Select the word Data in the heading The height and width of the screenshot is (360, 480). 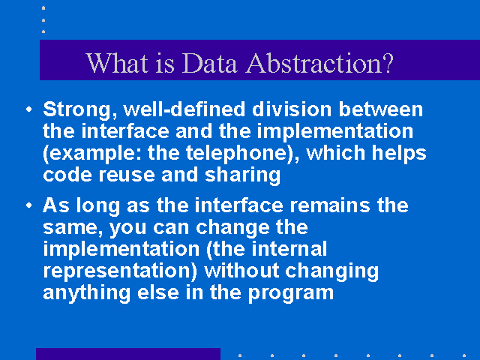[x=209, y=63]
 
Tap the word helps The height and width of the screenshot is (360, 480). [x=399, y=153]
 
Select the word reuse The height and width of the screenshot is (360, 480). [x=127, y=175]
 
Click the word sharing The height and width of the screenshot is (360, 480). [x=242, y=175]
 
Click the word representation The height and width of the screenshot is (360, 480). [x=120, y=271]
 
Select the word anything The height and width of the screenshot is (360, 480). [x=87, y=293]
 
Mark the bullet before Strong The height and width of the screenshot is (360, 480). [x=29, y=109]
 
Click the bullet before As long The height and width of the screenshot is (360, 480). [x=29, y=205]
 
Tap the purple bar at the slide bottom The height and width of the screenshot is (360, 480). [x=128, y=354]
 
